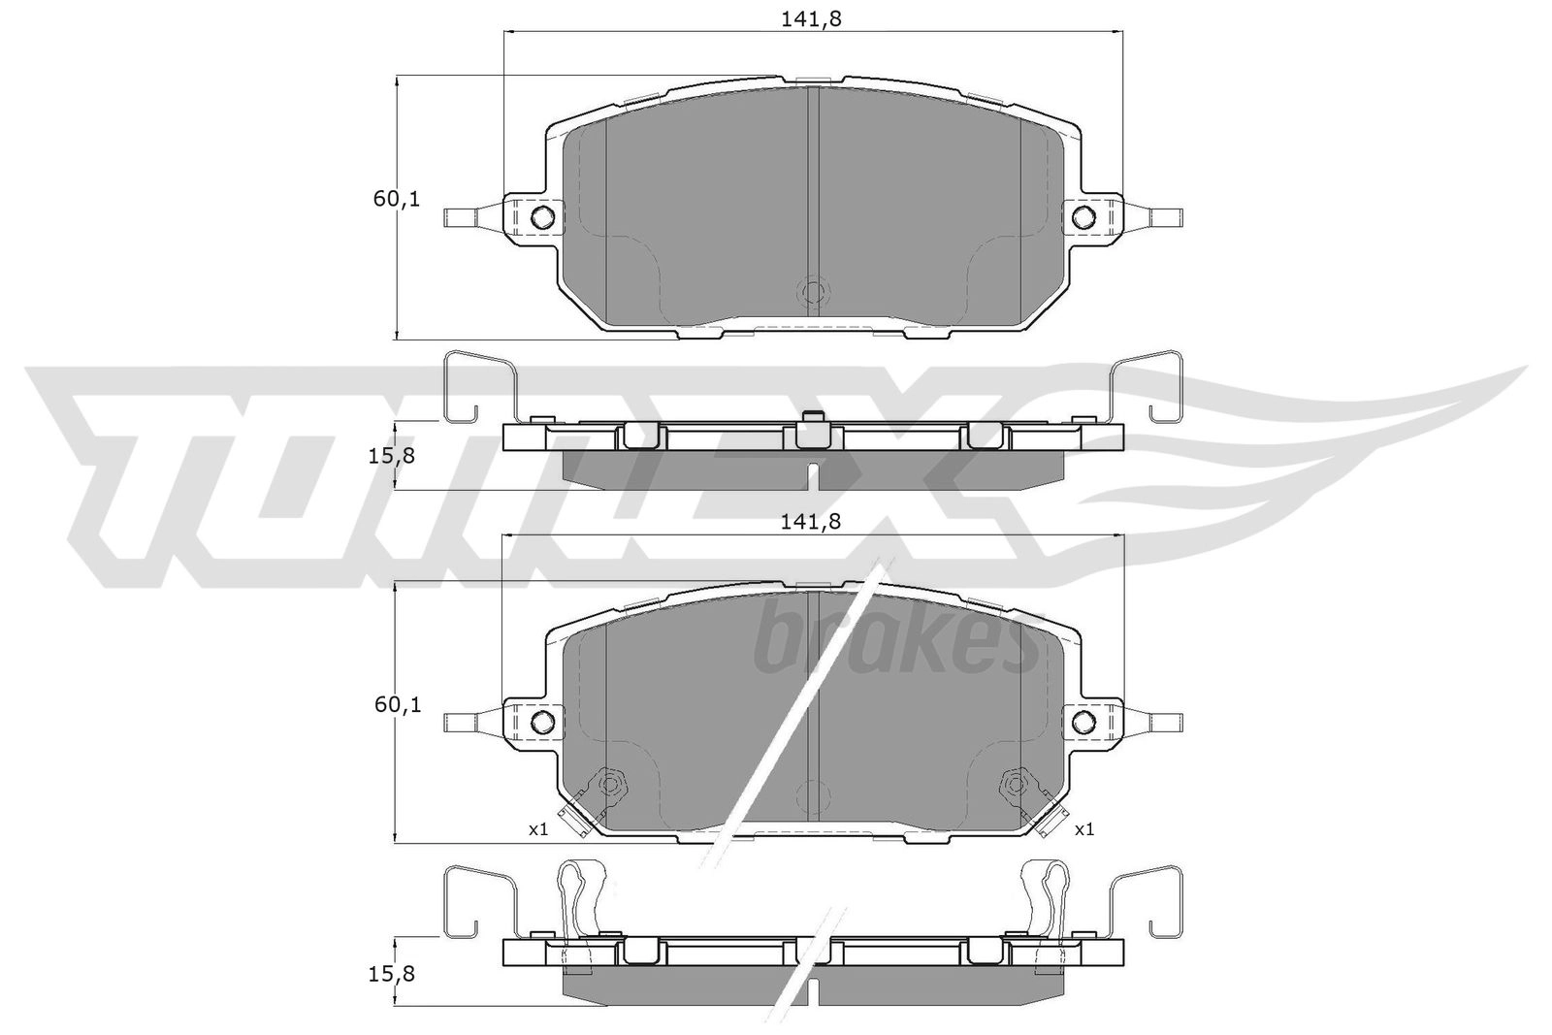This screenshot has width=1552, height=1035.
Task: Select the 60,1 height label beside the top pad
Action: [x=397, y=200]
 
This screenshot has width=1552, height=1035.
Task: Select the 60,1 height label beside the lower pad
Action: [x=397, y=705]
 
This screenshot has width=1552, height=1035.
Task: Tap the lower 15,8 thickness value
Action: [x=395, y=973]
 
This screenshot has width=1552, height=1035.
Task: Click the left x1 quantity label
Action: [x=538, y=829]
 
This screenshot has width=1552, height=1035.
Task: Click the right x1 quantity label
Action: [x=1084, y=829]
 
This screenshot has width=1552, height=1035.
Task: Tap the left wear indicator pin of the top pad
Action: [x=464, y=217]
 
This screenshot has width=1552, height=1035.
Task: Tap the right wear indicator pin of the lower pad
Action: [x=1162, y=722]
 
